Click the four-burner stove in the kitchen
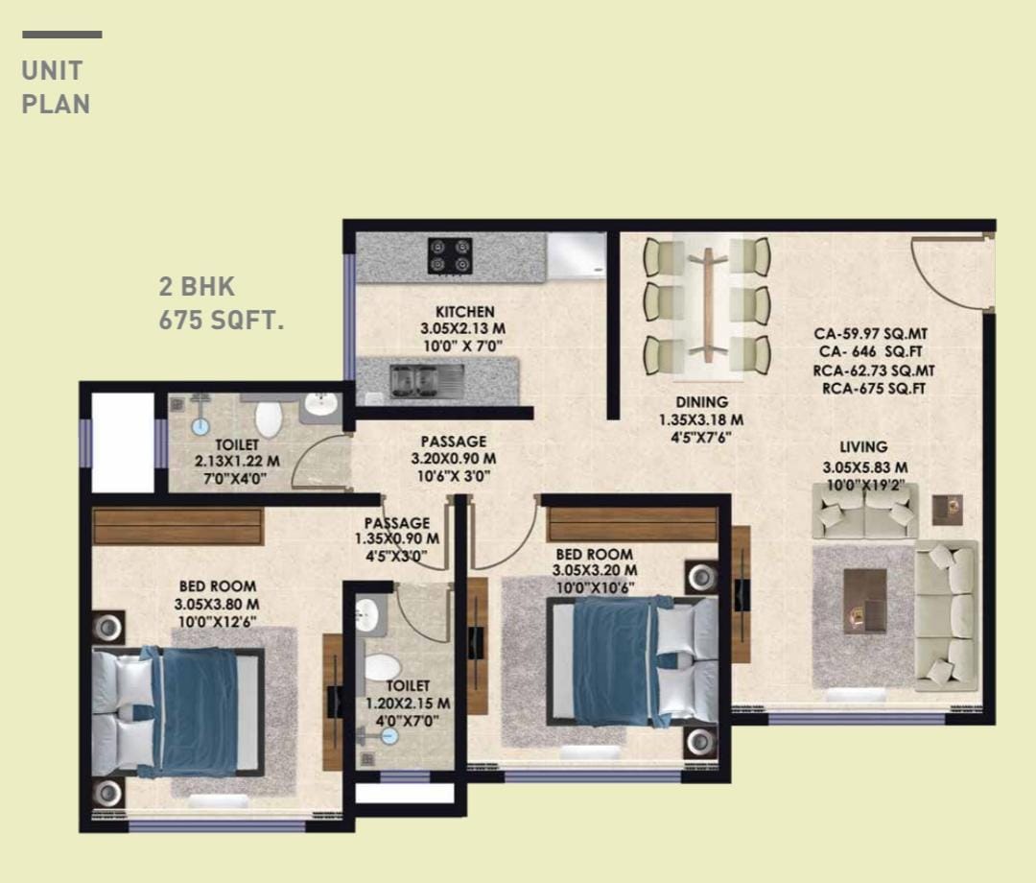click(450, 255)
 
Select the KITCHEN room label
click(465, 311)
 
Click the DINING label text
click(701, 402)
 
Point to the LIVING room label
click(863, 447)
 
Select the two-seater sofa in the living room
click(865, 511)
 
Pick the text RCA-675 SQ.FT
click(874, 389)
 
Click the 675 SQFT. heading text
click(222, 321)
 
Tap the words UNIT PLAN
click(56, 87)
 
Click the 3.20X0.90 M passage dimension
click(453, 459)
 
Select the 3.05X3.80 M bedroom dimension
click(217, 604)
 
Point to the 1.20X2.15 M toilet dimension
click(408, 704)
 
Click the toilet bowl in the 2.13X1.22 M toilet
click(269, 418)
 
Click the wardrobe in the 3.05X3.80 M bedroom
click(177, 526)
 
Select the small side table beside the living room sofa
click(948, 510)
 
